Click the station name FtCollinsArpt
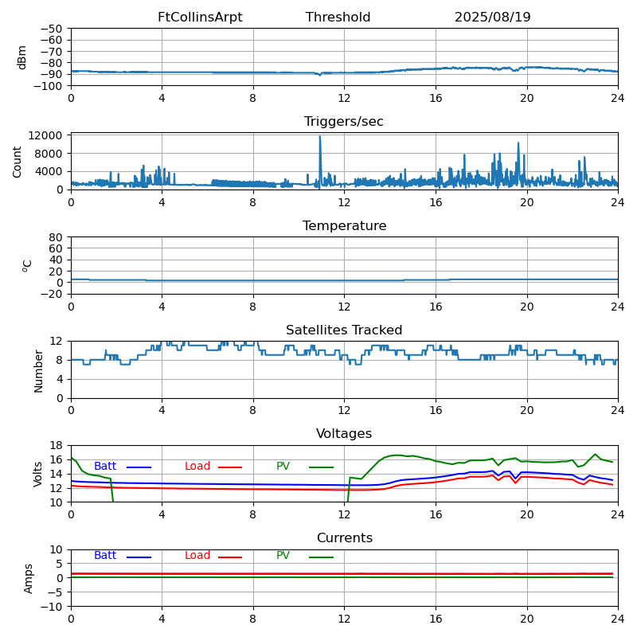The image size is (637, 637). coord(200,17)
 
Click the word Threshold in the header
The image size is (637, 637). coord(338,17)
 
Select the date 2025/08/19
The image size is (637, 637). coord(492,17)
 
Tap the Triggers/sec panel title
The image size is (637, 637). coord(344,122)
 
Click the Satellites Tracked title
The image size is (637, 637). coord(344,330)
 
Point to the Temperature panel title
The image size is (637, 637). coord(345,225)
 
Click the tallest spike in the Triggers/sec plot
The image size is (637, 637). coord(320,137)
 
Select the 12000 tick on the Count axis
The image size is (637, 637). coord(45,135)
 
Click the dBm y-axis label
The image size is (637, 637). coord(21,57)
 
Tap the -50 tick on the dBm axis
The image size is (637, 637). coord(51,29)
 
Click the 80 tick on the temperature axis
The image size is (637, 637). coord(56,237)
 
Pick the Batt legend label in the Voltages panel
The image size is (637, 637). coord(105,466)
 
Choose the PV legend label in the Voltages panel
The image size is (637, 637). coord(283,466)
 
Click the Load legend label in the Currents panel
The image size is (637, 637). coord(197,555)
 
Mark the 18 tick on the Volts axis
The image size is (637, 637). coord(56,446)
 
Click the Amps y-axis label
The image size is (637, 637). coord(28,579)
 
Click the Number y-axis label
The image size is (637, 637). coord(38,371)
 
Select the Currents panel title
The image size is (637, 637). coord(345,538)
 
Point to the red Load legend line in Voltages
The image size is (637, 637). coord(230,467)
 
